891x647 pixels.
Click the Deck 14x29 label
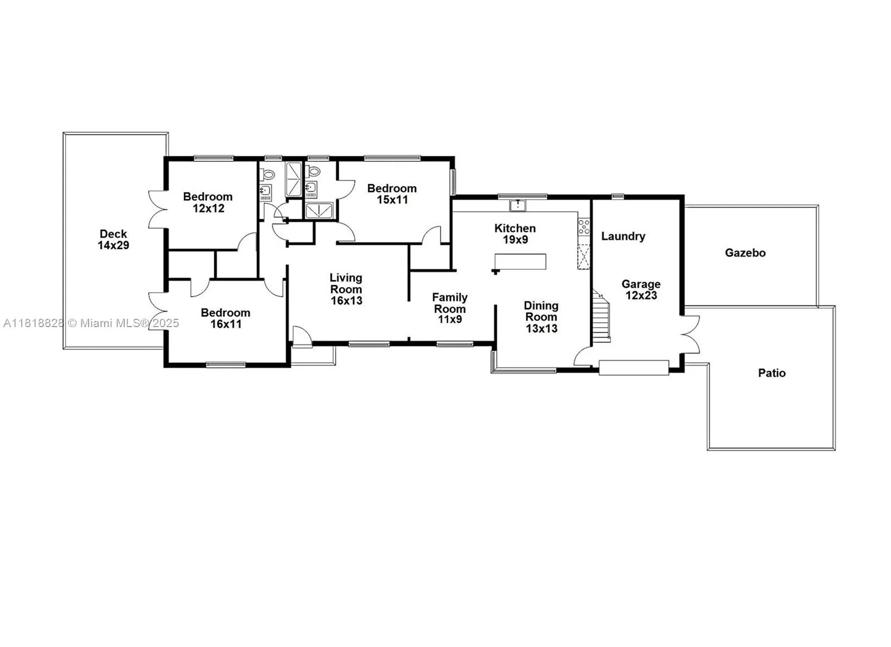(x=114, y=240)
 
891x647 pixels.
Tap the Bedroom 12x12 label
(x=208, y=203)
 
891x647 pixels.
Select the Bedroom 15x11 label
(x=392, y=194)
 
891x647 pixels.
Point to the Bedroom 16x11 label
(x=226, y=318)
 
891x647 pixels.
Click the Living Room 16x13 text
(x=346, y=289)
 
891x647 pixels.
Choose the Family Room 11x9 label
(x=450, y=308)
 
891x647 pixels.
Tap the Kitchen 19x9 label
(x=515, y=234)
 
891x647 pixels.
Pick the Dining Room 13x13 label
(x=541, y=317)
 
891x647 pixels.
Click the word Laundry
(x=623, y=236)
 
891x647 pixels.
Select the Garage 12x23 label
(x=641, y=290)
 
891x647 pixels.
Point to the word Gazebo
(x=746, y=253)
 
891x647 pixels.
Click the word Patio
(x=772, y=373)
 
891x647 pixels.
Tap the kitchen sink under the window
(x=518, y=206)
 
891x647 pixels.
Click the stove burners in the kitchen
(x=584, y=226)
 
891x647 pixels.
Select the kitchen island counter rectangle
(x=520, y=262)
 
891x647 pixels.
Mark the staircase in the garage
(x=601, y=315)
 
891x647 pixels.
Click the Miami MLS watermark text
(x=91, y=323)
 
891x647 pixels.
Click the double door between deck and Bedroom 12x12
(x=156, y=209)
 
